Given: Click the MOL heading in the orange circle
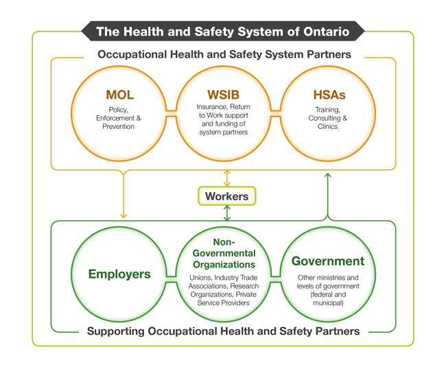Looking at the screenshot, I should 119,95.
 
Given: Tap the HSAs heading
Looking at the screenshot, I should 327,95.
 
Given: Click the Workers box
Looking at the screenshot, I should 226,196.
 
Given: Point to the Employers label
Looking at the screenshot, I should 119,274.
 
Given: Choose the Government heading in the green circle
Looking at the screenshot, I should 327,261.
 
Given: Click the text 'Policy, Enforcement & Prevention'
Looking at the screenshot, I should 119,118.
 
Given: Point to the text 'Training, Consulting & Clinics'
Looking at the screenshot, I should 327,118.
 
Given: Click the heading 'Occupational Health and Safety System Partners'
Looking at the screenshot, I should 224,54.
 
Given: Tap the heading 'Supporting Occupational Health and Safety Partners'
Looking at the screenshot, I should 224,331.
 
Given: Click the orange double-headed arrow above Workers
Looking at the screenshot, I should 227,177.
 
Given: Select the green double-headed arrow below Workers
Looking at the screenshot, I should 227,213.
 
